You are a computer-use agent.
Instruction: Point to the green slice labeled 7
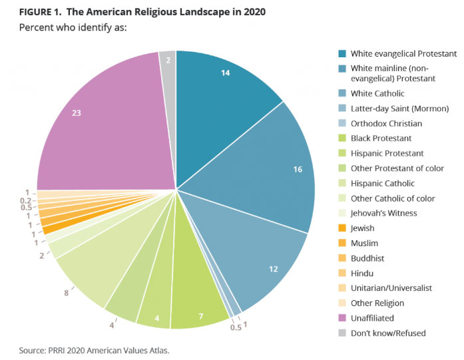(200, 293)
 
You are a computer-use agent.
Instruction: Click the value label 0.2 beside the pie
(25, 199)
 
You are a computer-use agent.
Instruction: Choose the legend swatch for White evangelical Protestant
(342, 53)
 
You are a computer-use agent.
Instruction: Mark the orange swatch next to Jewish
(342, 228)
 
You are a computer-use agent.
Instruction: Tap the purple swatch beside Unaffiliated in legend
(342, 317)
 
